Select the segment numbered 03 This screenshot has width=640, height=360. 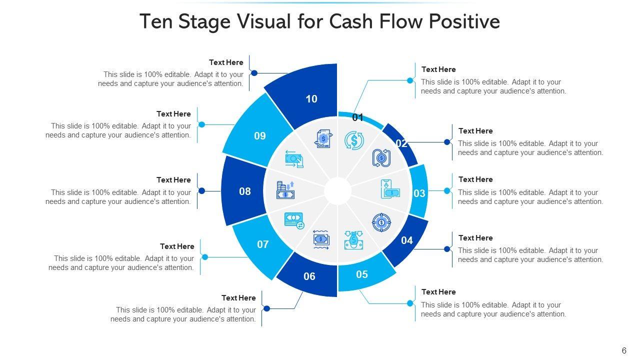419,192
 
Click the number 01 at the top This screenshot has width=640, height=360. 357,118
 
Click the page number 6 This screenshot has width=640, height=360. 624,351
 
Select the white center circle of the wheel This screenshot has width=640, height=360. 337,191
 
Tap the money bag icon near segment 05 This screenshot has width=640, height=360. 353,240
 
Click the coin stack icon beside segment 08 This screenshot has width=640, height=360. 285,190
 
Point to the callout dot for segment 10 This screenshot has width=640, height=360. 254,73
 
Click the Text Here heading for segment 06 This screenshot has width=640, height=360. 238,298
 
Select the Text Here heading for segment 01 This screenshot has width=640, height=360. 438,69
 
